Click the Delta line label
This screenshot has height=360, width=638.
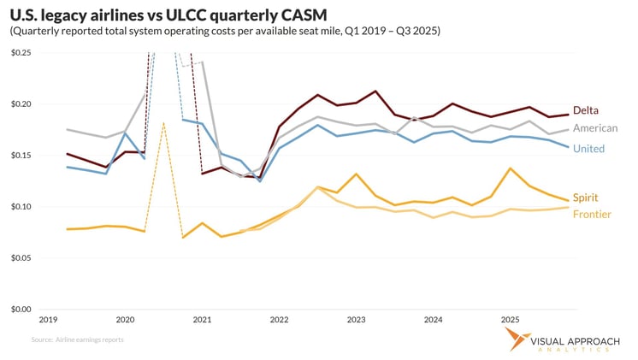coord(587,110)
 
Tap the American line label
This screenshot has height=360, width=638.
coord(595,127)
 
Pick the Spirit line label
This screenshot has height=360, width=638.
coord(587,197)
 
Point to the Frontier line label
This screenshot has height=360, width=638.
coord(592,214)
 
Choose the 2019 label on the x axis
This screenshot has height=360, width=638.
coord(47,319)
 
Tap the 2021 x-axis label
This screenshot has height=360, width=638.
coord(202,319)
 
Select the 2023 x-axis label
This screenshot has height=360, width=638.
coord(356,319)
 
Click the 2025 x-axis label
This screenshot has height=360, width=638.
coord(511,319)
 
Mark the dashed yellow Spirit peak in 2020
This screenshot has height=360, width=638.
coord(162,123)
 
